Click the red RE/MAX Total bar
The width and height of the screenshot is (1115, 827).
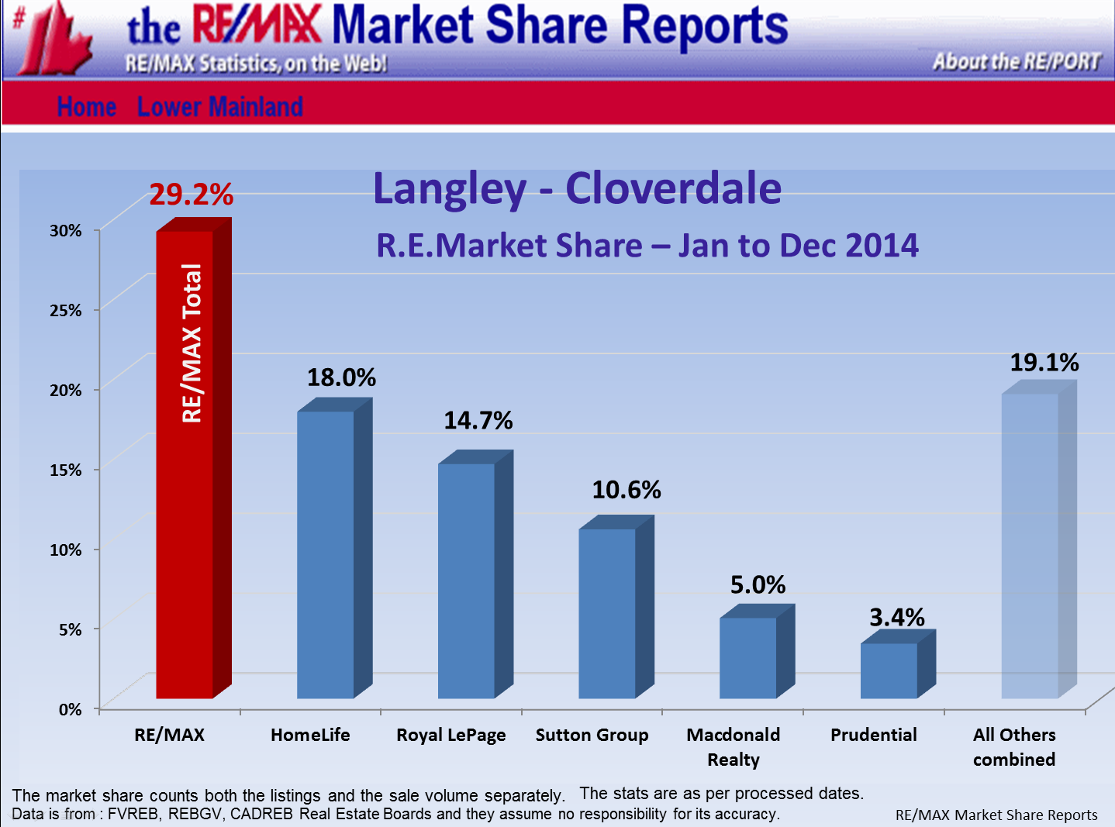tap(186, 465)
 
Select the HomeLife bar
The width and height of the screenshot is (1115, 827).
tap(326, 554)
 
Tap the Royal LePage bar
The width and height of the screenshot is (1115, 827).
tap(467, 581)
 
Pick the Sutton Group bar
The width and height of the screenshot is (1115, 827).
tap(607, 612)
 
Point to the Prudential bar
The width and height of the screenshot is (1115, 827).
tap(889, 670)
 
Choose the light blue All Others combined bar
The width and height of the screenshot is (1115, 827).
tap(1030, 546)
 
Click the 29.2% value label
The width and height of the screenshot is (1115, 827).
tap(191, 195)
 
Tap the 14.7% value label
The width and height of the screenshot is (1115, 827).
tap(478, 421)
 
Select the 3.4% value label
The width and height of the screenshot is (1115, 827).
tap(896, 618)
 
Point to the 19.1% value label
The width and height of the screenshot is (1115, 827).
tap(1044, 363)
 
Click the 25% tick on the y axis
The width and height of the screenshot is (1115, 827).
tap(66, 310)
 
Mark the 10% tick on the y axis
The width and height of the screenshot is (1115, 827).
tap(66, 550)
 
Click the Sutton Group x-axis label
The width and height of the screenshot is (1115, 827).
tap(592, 735)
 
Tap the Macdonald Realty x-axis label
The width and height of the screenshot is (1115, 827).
tap(734, 746)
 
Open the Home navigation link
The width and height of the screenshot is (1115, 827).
tap(87, 107)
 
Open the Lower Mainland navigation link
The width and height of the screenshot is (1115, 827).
tap(219, 107)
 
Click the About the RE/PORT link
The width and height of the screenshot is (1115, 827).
tap(1017, 61)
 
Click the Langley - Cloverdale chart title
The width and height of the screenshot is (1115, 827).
tap(577, 188)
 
